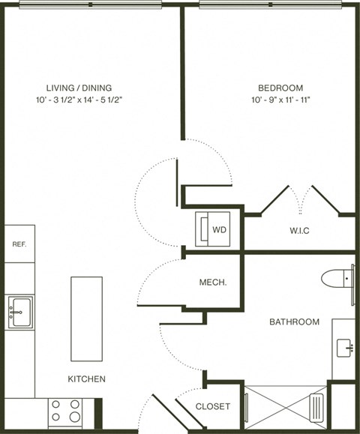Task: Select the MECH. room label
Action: click(x=213, y=283)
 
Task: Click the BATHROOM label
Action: click(x=295, y=322)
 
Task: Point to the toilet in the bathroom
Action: click(x=337, y=278)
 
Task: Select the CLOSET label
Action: click(x=212, y=407)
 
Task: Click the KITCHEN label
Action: click(x=87, y=379)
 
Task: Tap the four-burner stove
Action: click(x=65, y=412)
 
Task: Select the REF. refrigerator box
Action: click(x=19, y=244)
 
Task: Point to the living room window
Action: click(x=90, y=4)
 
